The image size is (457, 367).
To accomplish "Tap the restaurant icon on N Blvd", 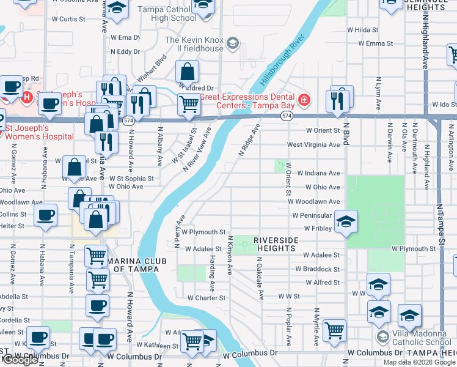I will point(337,100).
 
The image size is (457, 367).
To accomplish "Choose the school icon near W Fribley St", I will point(346,222).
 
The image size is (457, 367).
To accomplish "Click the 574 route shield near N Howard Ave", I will point(128,121).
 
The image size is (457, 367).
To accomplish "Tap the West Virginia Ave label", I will point(313,145).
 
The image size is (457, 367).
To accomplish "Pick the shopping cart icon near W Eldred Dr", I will point(189,105).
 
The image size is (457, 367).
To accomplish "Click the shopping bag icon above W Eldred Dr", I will point(188,72).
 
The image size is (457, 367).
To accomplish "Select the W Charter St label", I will point(207,298).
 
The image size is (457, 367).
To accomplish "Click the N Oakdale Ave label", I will point(260,278).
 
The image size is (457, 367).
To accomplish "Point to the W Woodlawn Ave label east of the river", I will point(318,201).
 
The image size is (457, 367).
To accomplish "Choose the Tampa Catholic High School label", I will point(165,13).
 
